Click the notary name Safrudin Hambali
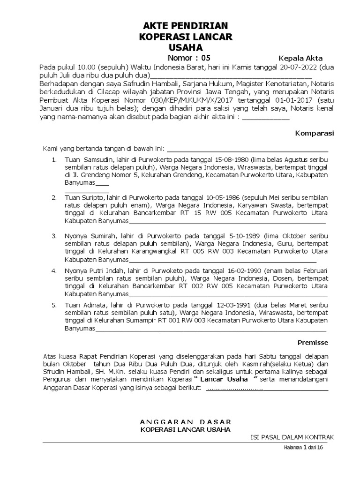127,84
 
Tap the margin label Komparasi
314,133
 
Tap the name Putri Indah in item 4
104,271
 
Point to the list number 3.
54,235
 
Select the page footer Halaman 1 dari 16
304,448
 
